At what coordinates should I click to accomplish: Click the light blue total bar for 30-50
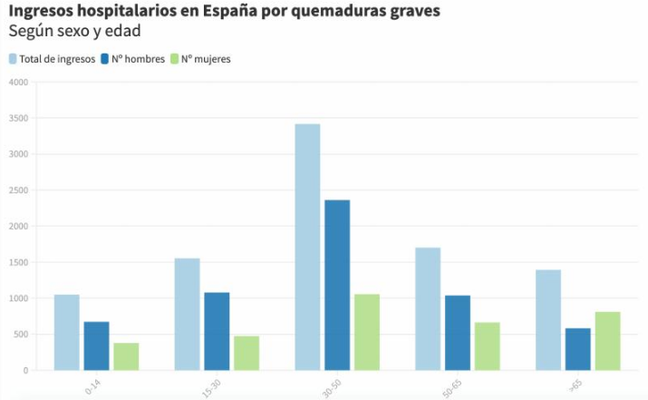click(307, 247)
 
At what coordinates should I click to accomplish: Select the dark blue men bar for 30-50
click(337, 285)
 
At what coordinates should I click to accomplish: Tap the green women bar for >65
click(607, 341)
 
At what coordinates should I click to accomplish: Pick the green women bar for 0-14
click(126, 356)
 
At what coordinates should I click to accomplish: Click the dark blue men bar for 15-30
click(217, 331)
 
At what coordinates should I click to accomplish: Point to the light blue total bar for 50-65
click(428, 308)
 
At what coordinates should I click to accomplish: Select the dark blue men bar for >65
click(577, 349)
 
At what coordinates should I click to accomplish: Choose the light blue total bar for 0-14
click(66, 332)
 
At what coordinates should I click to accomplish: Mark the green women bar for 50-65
click(488, 346)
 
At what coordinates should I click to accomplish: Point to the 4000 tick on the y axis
click(18, 83)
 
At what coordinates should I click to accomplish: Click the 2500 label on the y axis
click(18, 190)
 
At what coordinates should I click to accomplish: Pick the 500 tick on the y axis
click(21, 335)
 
